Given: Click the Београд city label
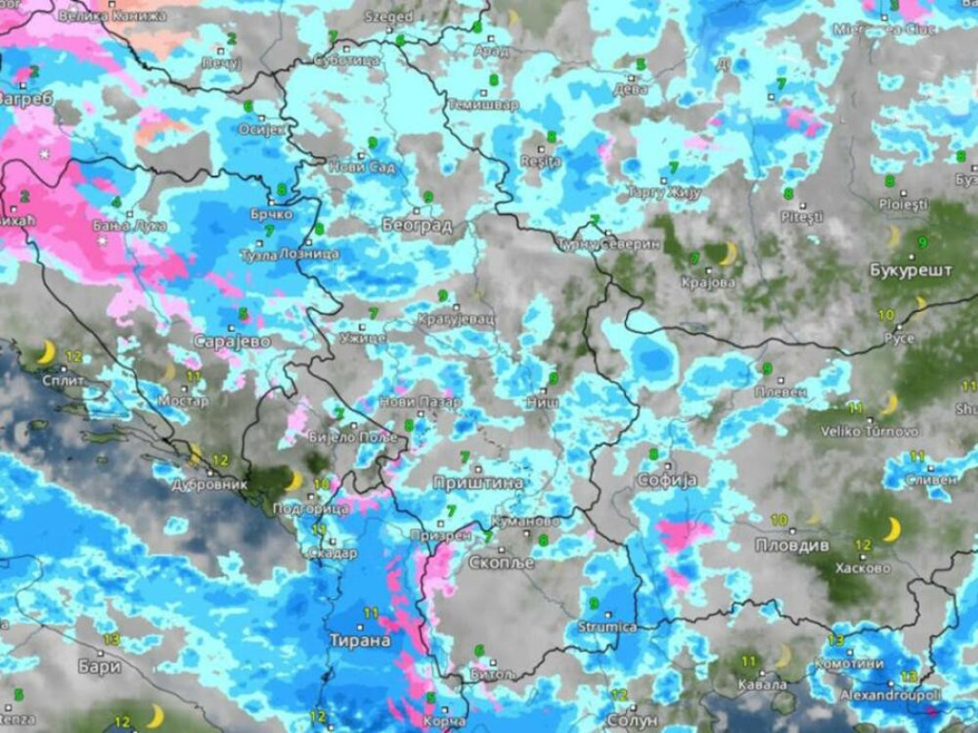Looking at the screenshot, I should pos(417,226).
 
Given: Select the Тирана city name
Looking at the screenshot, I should pos(360,640).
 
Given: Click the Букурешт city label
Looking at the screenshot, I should pos(910,270).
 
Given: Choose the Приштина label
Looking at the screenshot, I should pos(477,483).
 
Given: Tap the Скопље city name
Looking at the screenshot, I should pos(502,563).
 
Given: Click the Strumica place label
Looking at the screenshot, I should pos(607,627).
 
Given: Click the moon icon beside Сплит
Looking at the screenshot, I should pos(45,354).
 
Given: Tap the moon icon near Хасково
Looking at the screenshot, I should pos(891,530).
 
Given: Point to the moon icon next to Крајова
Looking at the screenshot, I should pos(727,254).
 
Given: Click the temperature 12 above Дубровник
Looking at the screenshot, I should pos(221,461).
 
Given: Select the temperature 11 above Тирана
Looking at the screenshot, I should pos(371,613).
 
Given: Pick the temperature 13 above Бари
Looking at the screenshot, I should pos(111,640).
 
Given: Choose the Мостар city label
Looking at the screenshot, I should pos(183,401).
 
